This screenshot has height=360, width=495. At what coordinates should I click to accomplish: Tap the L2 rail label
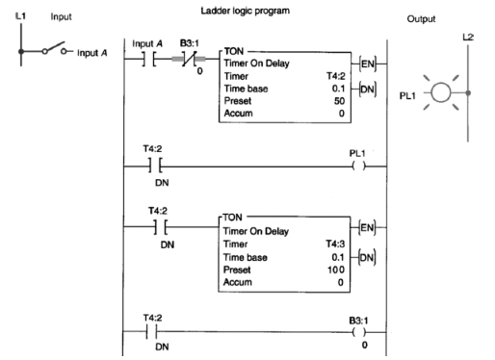coord(470,38)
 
